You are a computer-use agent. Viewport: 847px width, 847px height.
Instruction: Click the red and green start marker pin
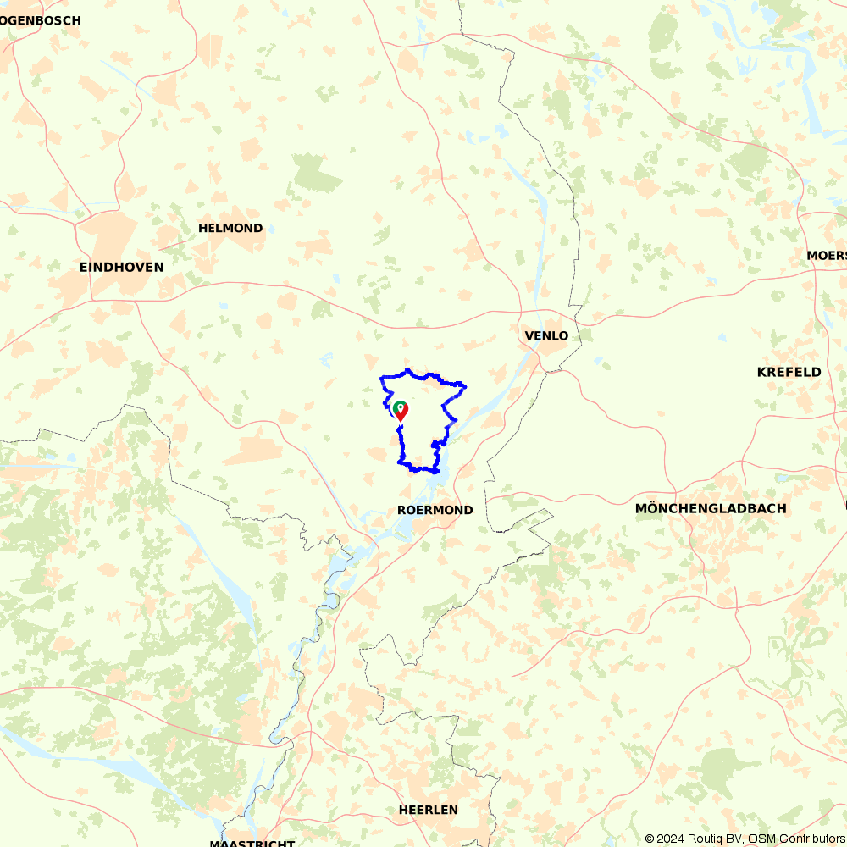(400, 411)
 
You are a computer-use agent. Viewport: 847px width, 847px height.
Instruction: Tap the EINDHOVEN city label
(121, 267)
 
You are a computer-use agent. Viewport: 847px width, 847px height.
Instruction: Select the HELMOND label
(230, 228)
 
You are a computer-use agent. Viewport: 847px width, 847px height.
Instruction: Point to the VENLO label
(546, 335)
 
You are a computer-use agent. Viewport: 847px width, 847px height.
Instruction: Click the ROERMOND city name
(435, 510)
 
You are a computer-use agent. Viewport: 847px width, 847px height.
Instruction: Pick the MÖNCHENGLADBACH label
(711, 508)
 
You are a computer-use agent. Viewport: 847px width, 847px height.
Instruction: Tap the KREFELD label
(789, 372)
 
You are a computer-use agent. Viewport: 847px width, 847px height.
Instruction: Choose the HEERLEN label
(428, 810)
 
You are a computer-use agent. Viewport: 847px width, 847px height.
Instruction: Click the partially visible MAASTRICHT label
(252, 843)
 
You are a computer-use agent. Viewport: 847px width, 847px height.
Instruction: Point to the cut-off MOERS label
(827, 255)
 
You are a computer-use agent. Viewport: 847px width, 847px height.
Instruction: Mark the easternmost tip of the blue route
(466, 387)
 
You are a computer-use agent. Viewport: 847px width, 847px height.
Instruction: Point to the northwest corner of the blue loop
(381, 377)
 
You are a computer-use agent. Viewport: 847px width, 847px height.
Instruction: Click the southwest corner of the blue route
(400, 462)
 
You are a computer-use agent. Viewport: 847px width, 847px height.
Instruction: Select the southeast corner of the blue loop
(438, 470)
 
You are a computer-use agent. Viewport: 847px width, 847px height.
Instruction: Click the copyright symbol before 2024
(650, 839)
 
